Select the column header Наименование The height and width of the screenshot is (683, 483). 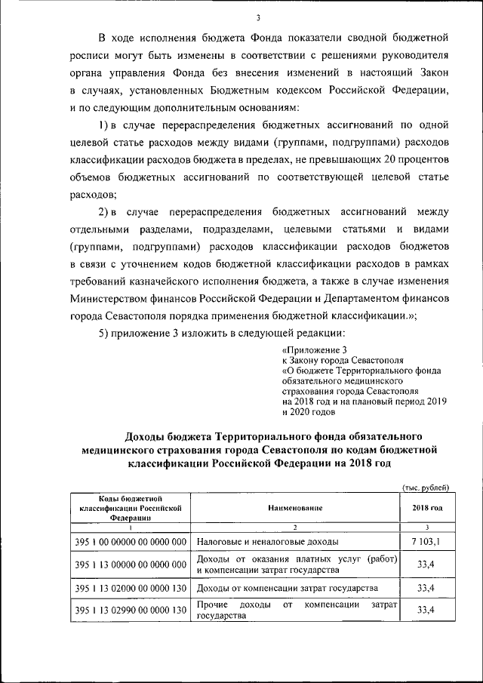coord(295,509)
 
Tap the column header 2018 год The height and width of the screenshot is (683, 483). coord(427,509)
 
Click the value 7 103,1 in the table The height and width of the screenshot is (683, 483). coord(427,542)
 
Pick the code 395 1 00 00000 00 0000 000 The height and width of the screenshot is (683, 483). coord(131,542)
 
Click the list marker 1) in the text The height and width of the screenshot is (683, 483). coord(106,123)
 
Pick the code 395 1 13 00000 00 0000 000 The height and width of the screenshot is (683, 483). coord(131,565)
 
